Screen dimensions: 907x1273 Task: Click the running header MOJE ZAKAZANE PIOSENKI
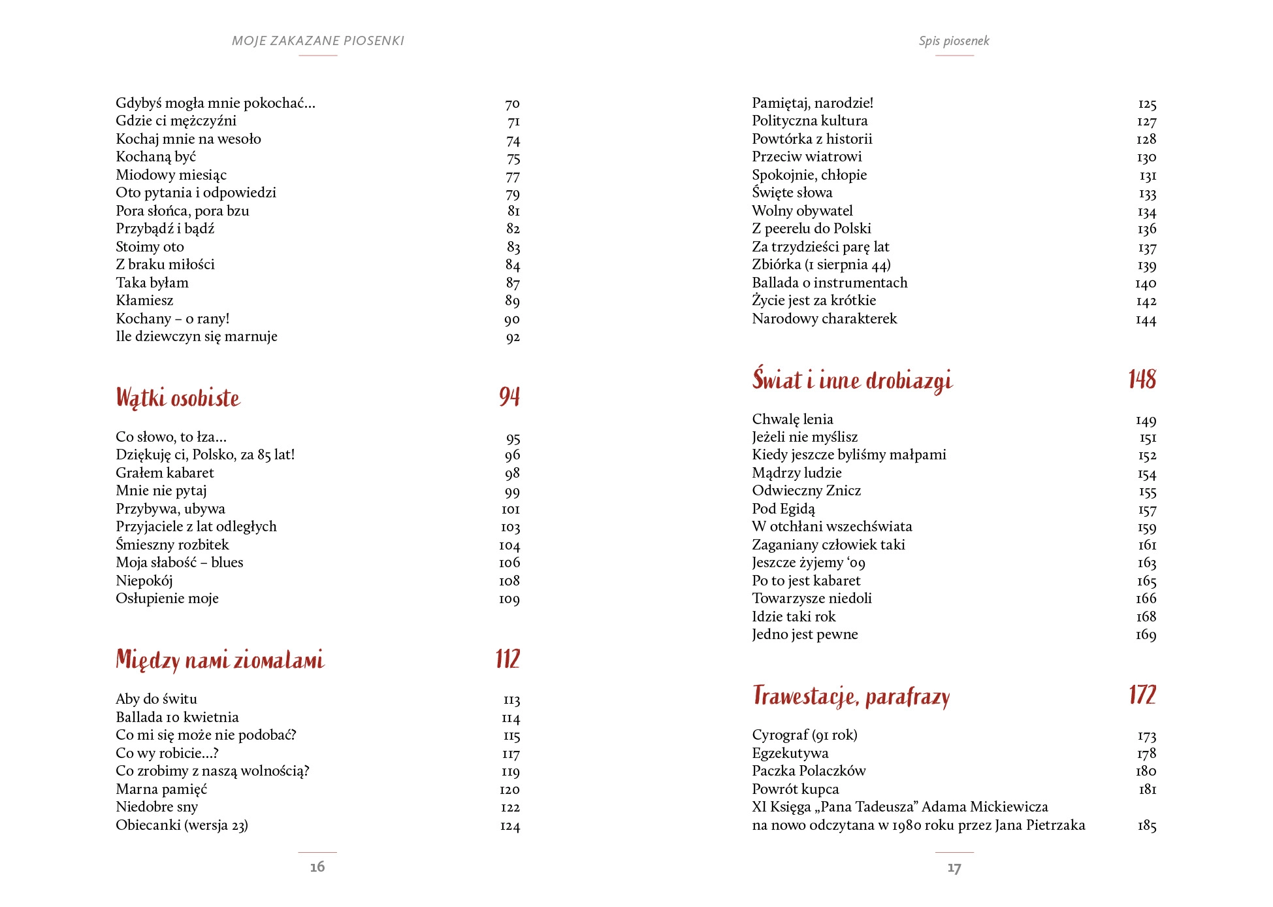[317, 41]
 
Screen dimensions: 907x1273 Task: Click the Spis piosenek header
[954, 41]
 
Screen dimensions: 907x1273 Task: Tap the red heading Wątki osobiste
[178, 398]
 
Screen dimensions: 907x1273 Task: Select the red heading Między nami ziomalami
[219, 660]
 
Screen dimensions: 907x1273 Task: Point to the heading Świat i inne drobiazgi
[852, 380]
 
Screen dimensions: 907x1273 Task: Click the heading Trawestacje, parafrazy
[850, 697]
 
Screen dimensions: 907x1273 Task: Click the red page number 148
[1142, 380]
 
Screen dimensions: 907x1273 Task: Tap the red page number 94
[509, 397]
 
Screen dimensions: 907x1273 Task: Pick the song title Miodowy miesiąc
[171, 174]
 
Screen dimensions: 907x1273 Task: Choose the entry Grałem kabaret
[165, 472]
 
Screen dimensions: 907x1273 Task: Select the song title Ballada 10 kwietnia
[177, 717]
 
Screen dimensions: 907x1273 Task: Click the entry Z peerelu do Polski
[811, 228]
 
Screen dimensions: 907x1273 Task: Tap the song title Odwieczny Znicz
[806, 490]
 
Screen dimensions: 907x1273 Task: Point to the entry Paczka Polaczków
[809, 770]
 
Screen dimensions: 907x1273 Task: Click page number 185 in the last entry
[1146, 825]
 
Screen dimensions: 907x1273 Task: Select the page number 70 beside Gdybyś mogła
[512, 103]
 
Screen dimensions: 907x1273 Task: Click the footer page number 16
[317, 866]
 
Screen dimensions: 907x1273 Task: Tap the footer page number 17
[954, 868]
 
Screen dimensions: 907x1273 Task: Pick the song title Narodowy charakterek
[824, 318]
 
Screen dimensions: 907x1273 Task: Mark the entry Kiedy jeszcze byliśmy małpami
[848, 454]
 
